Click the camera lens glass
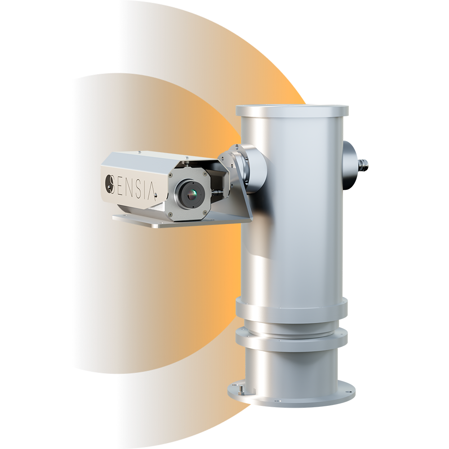click(191, 195)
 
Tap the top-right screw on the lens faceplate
click(204, 173)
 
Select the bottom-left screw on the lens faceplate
click(171, 213)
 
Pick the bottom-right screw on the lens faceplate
click(205, 212)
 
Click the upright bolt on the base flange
click(242, 389)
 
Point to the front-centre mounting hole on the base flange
click(276, 401)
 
